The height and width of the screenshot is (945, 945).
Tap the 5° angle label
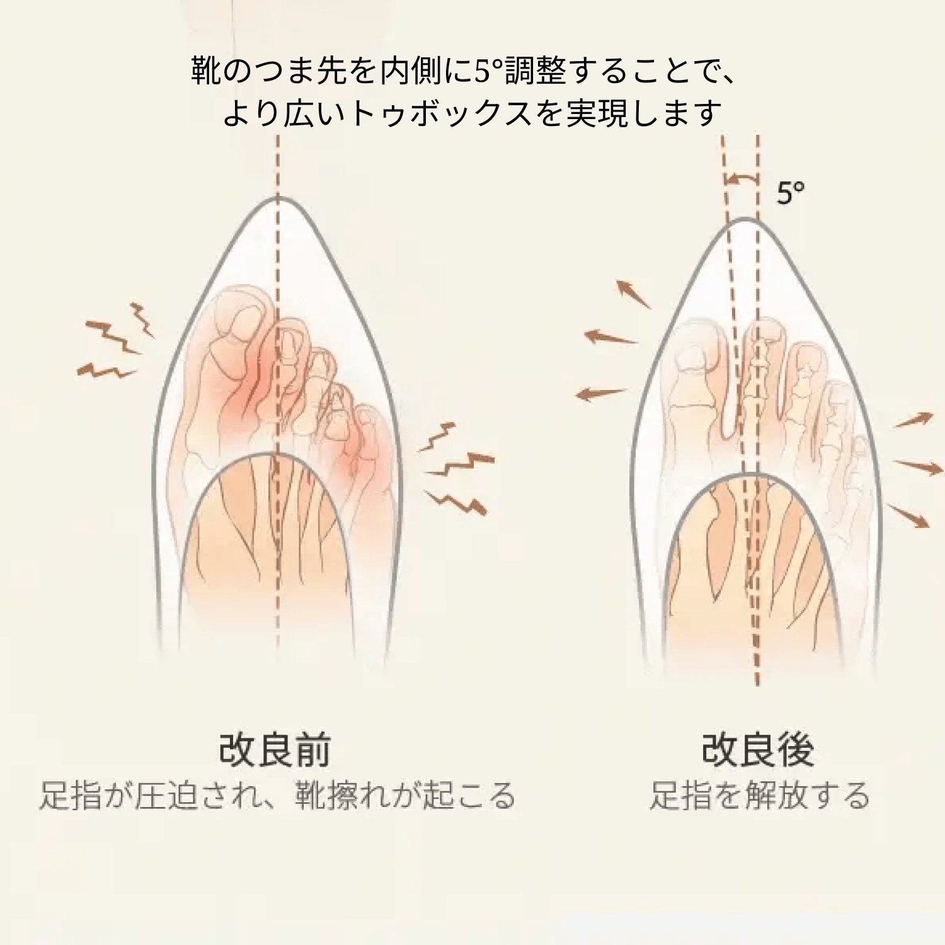[790, 193]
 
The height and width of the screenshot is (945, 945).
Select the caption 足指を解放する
[759, 795]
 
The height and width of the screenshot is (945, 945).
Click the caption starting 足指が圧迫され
[277, 795]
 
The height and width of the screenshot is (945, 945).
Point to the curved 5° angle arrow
[741, 180]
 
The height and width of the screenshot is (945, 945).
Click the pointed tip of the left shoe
[277, 198]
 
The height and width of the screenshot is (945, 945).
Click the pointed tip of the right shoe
[744, 220]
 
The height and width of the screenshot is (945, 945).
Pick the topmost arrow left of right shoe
[633, 295]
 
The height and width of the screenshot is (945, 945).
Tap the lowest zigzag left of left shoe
[106, 371]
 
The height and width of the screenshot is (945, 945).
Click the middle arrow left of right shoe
[610, 338]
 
